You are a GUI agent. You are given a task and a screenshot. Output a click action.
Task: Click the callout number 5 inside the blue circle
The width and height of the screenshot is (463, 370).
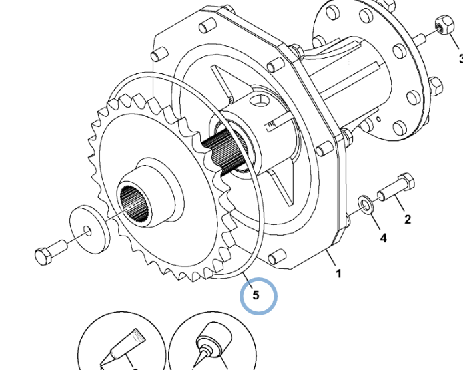pos(256,293)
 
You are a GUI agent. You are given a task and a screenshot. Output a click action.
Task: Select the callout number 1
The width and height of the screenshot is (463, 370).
pos(338,274)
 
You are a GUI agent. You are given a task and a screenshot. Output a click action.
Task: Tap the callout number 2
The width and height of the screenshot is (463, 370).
pos(407,219)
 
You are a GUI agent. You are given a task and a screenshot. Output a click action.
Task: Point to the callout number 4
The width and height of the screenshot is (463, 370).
pos(383,237)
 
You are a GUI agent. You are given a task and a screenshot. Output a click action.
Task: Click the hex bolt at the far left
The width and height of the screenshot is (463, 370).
pos(49,252)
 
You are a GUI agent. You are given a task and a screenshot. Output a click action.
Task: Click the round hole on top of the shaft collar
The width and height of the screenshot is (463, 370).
pos(260,102)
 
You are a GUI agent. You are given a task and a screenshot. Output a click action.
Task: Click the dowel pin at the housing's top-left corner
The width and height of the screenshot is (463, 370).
pos(159,51)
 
